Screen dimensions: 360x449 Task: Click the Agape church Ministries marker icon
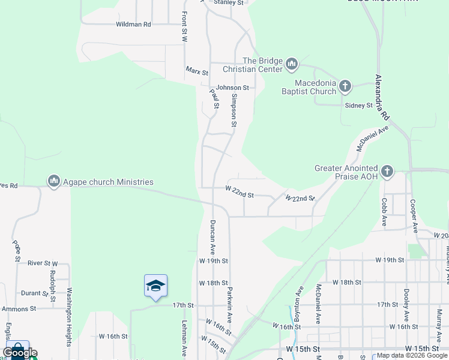[54, 181]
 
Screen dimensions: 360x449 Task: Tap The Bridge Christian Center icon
[292, 64]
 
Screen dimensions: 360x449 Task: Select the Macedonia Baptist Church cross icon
[345, 86]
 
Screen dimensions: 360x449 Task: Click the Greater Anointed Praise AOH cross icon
[387, 172]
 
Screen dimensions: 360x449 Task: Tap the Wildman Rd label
[133, 25]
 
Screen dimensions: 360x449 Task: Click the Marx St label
[196, 71]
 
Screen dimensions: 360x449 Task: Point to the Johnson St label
[232, 88]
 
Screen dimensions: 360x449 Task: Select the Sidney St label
[359, 106]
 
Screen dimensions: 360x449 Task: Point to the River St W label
[43, 263]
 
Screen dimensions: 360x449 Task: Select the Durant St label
[34, 293]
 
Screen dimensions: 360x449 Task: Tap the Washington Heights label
[70, 317]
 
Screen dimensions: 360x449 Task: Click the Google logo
[20, 353]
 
